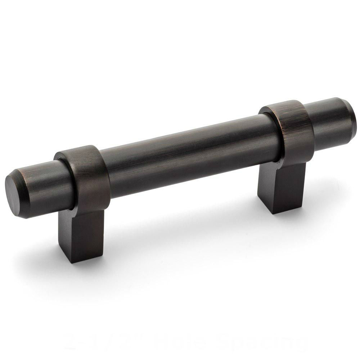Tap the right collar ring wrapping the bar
[x=295, y=133]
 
